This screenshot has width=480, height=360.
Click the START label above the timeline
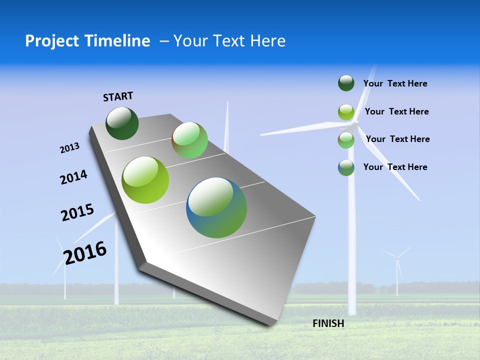tap(118, 96)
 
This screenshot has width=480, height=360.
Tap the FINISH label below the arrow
tap(328, 323)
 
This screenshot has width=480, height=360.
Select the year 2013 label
tap(69, 148)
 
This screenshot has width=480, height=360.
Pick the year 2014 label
tap(73, 177)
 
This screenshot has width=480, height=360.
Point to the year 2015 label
tap(77, 212)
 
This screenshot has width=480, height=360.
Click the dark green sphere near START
tap(122, 123)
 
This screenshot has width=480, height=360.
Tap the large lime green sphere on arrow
tap(145, 180)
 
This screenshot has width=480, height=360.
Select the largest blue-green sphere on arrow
tap(216, 207)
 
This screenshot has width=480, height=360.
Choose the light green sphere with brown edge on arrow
tap(189, 140)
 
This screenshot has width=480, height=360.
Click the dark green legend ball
tap(346, 83)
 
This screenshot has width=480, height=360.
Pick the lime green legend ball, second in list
tap(346, 112)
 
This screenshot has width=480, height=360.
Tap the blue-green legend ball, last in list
tap(346, 167)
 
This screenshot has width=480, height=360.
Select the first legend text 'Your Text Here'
tap(395, 84)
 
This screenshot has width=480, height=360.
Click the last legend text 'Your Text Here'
tap(395, 167)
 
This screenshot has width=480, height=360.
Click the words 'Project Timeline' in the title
tap(87, 41)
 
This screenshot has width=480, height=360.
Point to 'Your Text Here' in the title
tap(229, 41)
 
